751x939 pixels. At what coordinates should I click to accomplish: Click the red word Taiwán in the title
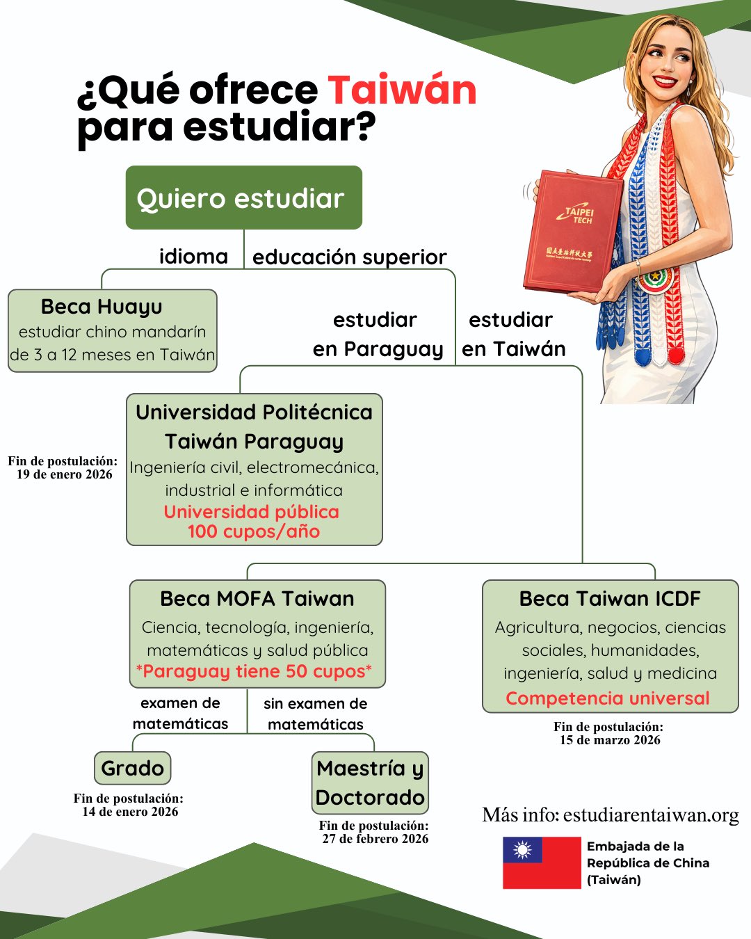pyautogui.click(x=402, y=90)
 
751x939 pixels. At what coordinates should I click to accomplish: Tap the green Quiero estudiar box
pyautogui.click(x=243, y=198)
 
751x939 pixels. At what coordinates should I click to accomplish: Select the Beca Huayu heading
pyautogui.click(x=102, y=307)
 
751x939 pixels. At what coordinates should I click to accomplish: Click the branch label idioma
pyautogui.click(x=193, y=257)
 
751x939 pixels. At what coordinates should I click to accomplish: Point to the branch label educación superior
pyautogui.click(x=349, y=257)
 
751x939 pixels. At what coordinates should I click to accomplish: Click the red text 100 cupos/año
pyautogui.click(x=254, y=532)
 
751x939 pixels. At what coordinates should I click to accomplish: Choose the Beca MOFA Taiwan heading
pyautogui.click(x=257, y=599)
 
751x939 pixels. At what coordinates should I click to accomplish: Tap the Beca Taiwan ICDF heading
pyautogui.click(x=610, y=599)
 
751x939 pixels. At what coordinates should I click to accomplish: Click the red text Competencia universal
pyautogui.click(x=608, y=698)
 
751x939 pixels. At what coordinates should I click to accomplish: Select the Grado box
pyautogui.click(x=132, y=769)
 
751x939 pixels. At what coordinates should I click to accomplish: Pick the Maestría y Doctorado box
pyautogui.click(x=370, y=783)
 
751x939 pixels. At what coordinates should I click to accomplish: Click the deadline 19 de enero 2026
pyautogui.click(x=65, y=474)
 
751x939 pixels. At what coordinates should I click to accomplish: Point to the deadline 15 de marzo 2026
pyautogui.click(x=610, y=740)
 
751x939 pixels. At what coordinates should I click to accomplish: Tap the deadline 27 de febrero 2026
pyautogui.click(x=375, y=839)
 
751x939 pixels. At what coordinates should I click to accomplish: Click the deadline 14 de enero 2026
pyautogui.click(x=130, y=812)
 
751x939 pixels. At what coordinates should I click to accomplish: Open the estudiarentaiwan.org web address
pyautogui.click(x=651, y=815)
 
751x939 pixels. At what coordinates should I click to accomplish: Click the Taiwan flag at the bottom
pyautogui.click(x=542, y=862)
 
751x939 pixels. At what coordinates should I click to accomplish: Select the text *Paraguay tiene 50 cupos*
pyautogui.click(x=255, y=672)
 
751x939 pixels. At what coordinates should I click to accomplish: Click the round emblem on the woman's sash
pyautogui.click(x=655, y=280)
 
